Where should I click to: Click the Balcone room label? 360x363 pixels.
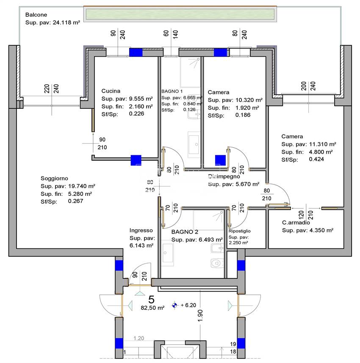[x=36, y=14]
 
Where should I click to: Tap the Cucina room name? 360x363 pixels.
[x=111, y=91]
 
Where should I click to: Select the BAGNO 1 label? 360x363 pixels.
[x=172, y=91]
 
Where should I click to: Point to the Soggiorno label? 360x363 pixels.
[x=54, y=179]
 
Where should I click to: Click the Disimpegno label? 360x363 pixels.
[x=224, y=176]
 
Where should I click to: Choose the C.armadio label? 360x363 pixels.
[x=296, y=223]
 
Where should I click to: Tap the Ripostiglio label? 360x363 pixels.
[x=239, y=231]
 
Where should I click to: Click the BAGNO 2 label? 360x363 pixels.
[x=185, y=232]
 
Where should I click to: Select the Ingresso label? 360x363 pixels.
[x=141, y=231]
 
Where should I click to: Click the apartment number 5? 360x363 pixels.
[x=151, y=299]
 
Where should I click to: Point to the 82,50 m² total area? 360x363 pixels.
[x=152, y=308]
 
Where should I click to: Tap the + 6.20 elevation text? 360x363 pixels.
[x=188, y=305]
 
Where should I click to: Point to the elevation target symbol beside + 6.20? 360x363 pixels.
[x=174, y=305]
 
